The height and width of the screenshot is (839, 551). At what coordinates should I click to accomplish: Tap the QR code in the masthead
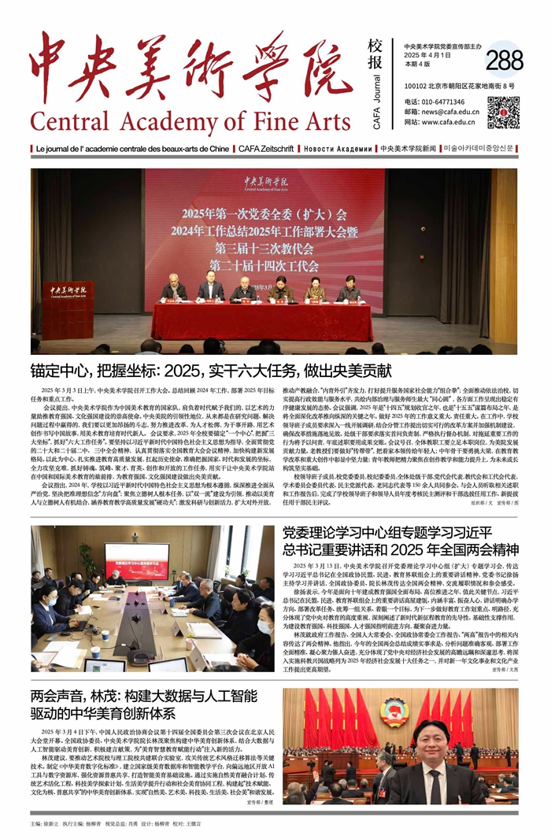[x=503, y=112]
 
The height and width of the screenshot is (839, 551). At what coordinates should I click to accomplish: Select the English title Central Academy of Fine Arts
[x=190, y=120]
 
